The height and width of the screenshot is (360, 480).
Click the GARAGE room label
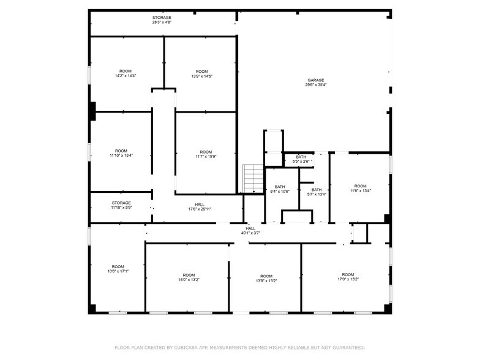[x=316, y=80]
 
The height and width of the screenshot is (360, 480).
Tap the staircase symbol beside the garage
[x=253, y=179]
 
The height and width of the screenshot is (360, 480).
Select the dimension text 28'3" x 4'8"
[x=162, y=22]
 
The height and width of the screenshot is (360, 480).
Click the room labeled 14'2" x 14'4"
[x=125, y=73]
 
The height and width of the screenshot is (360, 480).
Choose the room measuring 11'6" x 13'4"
[x=360, y=189]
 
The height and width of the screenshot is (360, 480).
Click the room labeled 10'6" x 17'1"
[x=118, y=269]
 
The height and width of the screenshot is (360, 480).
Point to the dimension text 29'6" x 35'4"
[x=316, y=84]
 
